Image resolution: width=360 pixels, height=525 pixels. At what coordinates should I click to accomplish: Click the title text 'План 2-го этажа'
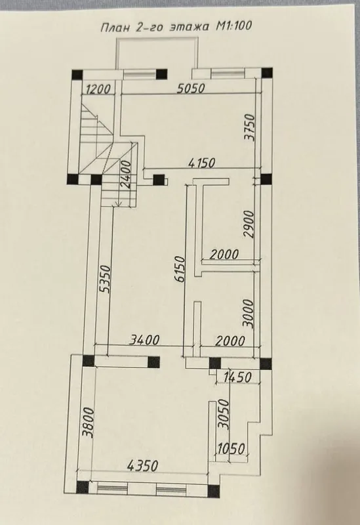pos(155,27)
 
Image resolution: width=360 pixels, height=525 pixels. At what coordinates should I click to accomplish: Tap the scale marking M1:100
pos(233,26)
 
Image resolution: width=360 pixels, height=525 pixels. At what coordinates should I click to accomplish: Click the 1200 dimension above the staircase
pos(98,89)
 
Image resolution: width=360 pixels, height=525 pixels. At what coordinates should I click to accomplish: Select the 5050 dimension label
pos(191,88)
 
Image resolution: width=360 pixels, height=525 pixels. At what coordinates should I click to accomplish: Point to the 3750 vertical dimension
pos(250,127)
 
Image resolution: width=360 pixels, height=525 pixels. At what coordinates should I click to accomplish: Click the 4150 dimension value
pos(202,163)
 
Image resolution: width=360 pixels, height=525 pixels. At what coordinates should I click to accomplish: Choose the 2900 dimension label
pos(250,224)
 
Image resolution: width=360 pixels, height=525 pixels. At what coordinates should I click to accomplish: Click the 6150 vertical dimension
pos(180,269)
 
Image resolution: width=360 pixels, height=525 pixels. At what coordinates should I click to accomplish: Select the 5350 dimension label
pos(105,279)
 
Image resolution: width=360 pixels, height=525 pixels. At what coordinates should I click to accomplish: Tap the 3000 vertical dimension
pos(249,314)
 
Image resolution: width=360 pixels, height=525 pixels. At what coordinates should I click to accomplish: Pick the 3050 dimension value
pos(223,414)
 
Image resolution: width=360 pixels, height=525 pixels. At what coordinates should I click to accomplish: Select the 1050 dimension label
pos(231,449)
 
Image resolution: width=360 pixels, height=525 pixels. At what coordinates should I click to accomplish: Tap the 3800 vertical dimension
pos(88,423)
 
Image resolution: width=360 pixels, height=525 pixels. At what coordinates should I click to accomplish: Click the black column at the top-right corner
pos(267,73)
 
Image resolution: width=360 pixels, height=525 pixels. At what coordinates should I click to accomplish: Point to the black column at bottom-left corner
pos(83,487)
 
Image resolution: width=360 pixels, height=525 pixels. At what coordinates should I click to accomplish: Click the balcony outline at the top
pos(157,38)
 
